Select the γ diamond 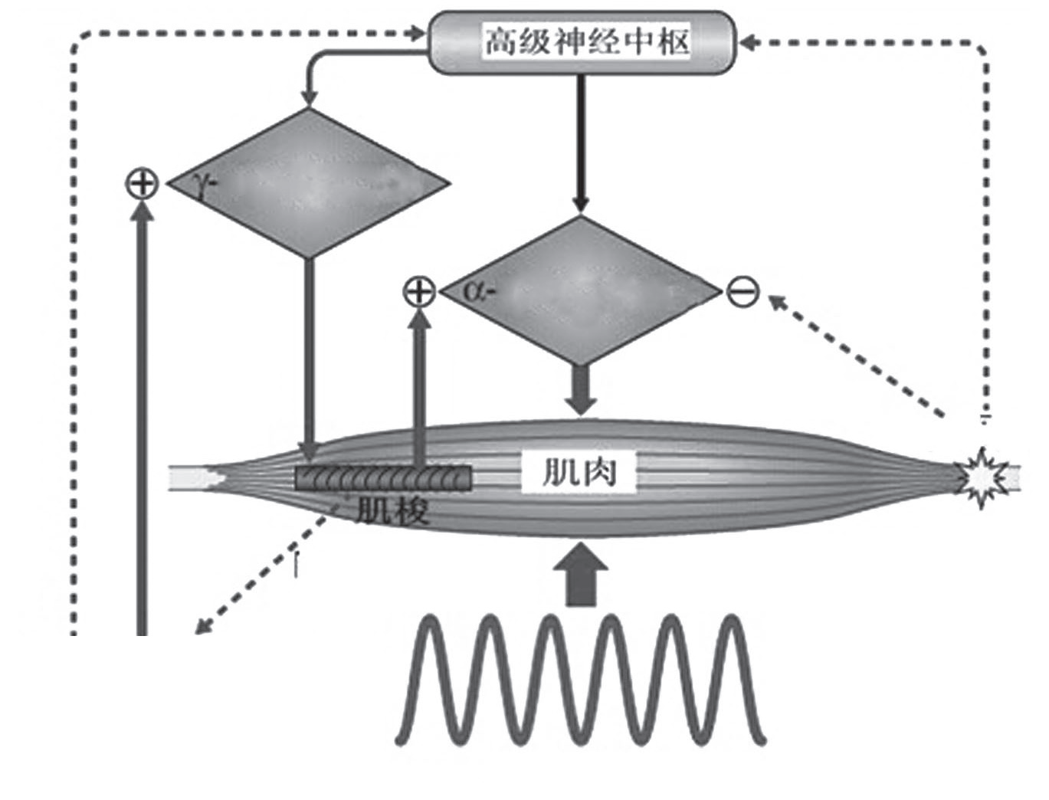[307, 183]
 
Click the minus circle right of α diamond [742, 292]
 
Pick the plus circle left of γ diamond [142, 184]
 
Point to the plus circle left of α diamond [419, 292]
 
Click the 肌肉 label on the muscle [579, 472]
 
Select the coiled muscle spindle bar [383, 478]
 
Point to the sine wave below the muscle [580, 678]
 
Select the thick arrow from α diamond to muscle [581, 391]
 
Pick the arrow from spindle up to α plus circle [419, 383]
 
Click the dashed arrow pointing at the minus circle [851, 352]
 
